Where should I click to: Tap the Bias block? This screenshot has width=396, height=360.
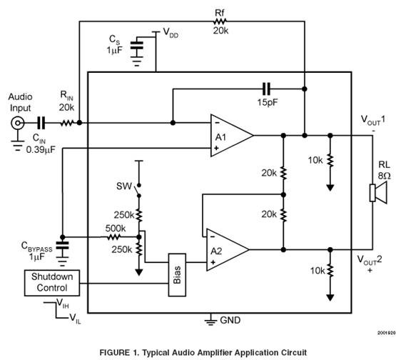[x=177, y=275]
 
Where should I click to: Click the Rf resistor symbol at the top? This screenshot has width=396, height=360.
[x=219, y=21]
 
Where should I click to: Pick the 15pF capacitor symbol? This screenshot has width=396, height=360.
[x=266, y=89]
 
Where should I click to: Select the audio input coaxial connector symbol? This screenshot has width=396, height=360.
[x=18, y=123]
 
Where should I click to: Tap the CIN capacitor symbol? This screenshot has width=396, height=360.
[x=41, y=123]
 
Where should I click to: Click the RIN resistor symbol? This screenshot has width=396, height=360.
[x=67, y=123]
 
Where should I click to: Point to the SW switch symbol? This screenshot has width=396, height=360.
[x=138, y=191]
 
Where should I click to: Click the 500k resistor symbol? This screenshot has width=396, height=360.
[x=113, y=237]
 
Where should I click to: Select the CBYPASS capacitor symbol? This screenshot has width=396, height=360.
[x=62, y=246]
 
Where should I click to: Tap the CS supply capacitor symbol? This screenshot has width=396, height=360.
[x=136, y=46]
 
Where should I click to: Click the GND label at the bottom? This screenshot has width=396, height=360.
[x=230, y=320]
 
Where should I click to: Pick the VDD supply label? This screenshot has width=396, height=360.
[x=171, y=33]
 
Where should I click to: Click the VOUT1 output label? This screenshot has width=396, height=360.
[x=373, y=120]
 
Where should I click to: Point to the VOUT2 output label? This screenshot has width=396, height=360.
[x=370, y=260]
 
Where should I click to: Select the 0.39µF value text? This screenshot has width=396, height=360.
[x=41, y=150]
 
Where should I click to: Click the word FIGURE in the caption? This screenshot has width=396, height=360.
[x=113, y=352]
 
